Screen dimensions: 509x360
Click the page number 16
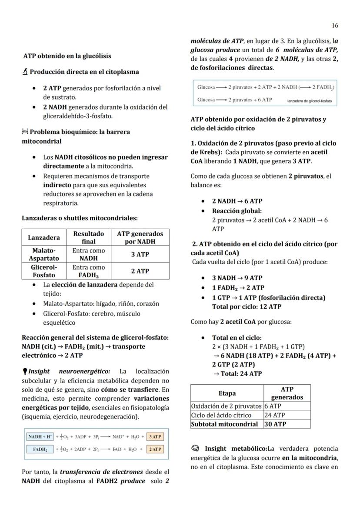pyautogui.click(x=334, y=26)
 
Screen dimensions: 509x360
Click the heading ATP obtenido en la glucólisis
pyautogui.click(x=67, y=56)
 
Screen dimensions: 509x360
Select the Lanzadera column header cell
pyautogui.click(x=44, y=238)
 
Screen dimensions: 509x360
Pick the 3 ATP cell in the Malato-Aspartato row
pyautogui.click(x=140, y=255)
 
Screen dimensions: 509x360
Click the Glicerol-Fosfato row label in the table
pyautogui.click(x=44, y=271)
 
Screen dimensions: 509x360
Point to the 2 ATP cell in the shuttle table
pyautogui.click(x=140, y=271)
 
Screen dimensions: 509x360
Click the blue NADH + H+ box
pyautogui.click(x=40, y=436)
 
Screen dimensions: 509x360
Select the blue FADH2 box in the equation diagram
pyautogui.click(x=40, y=449)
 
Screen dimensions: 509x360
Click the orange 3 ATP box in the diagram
pyautogui.click(x=155, y=436)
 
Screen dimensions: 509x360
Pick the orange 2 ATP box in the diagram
pyautogui.click(x=155, y=449)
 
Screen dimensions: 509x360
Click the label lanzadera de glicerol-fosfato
pyautogui.click(x=309, y=100)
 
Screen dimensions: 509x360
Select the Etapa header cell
pyautogui.click(x=227, y=393)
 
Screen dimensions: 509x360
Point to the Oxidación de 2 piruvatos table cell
pyautogui.click(x=227, y=406)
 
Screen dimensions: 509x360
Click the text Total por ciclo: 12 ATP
pyautogui.click(x=247, y=306)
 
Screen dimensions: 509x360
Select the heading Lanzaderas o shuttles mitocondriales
pyautogui.click(x=80, y=218)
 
